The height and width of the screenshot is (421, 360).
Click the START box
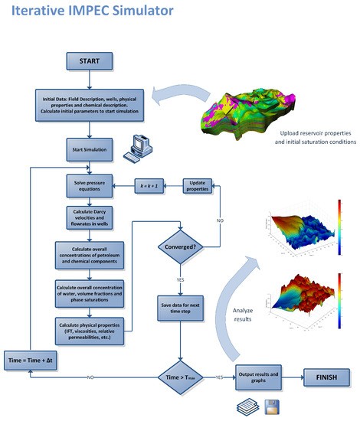pos(90,60)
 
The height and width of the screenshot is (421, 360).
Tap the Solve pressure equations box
pos(90,185)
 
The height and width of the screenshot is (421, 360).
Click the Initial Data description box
pos(90,103)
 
